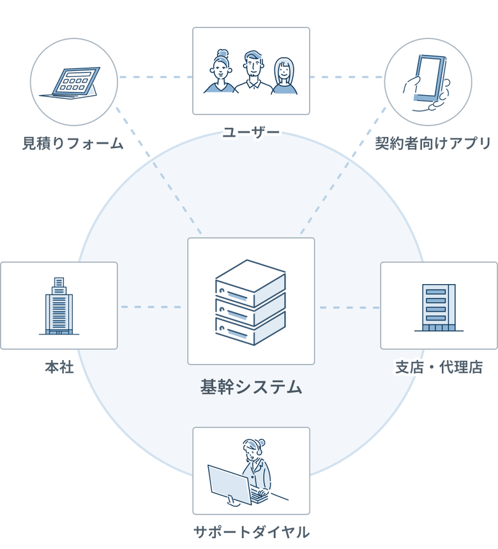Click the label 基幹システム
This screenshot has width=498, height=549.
(x=251, y=386)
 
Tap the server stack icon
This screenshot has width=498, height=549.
(x=250, y=302)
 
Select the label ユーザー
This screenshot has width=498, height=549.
(x=251, y=133)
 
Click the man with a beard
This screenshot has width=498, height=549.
(x=253, y=72)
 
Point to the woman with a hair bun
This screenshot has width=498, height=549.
(x=220, y=71)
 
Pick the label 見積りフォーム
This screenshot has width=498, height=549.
(x=73, y=143)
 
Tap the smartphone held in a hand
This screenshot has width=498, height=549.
(x=428, y=79)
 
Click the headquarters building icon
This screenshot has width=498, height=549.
(x=59, y=306)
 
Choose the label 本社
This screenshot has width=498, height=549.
(x=59, y=367)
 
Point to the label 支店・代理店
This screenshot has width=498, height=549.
(x=439, y=367)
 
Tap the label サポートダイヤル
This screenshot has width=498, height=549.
(x=251, y=532)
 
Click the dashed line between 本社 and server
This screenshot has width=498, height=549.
(x=152, y=307)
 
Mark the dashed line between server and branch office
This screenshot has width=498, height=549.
(x=348, y=308)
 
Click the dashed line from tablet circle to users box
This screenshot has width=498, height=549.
(x=155, y=77)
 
